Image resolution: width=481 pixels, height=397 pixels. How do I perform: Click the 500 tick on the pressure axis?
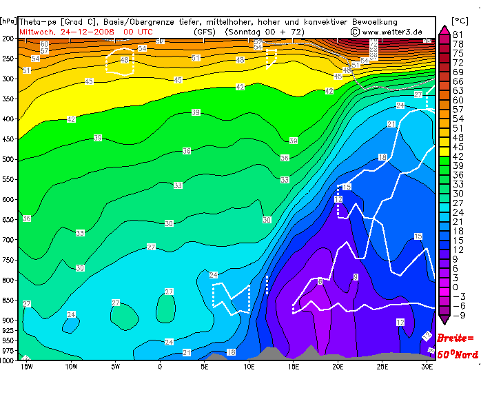[x=8, y=159]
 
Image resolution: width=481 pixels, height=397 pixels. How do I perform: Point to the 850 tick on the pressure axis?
[x=8, y=300]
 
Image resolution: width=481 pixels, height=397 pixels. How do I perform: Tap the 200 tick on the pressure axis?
[x=8, y=39]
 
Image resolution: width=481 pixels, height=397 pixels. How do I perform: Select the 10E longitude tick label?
[x=249, y=367]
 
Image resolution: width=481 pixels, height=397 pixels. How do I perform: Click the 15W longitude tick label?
[x=26, y=367]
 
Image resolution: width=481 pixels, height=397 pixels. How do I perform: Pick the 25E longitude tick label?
[x=383, y=367]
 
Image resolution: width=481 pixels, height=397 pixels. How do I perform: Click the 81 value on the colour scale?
[x=458, y=35]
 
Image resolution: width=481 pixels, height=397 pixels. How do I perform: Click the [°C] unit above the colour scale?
[x=459, y=21]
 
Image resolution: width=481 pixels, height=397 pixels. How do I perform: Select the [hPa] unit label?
[x=9, y=21]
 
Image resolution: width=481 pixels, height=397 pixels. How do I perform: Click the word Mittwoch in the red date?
[x=39, y=31]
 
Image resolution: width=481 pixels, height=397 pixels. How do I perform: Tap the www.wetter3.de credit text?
[x=396, y=31]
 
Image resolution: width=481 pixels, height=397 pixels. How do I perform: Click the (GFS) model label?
[x=205, y=31]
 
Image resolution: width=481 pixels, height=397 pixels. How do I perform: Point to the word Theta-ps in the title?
[x=39, y=22]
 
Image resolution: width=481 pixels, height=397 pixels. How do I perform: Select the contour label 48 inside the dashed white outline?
[x=124, y=60]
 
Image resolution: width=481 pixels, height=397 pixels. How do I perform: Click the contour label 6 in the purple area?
[x=320, y=281]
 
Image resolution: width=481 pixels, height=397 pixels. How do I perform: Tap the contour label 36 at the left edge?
[x=27, y=218]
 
